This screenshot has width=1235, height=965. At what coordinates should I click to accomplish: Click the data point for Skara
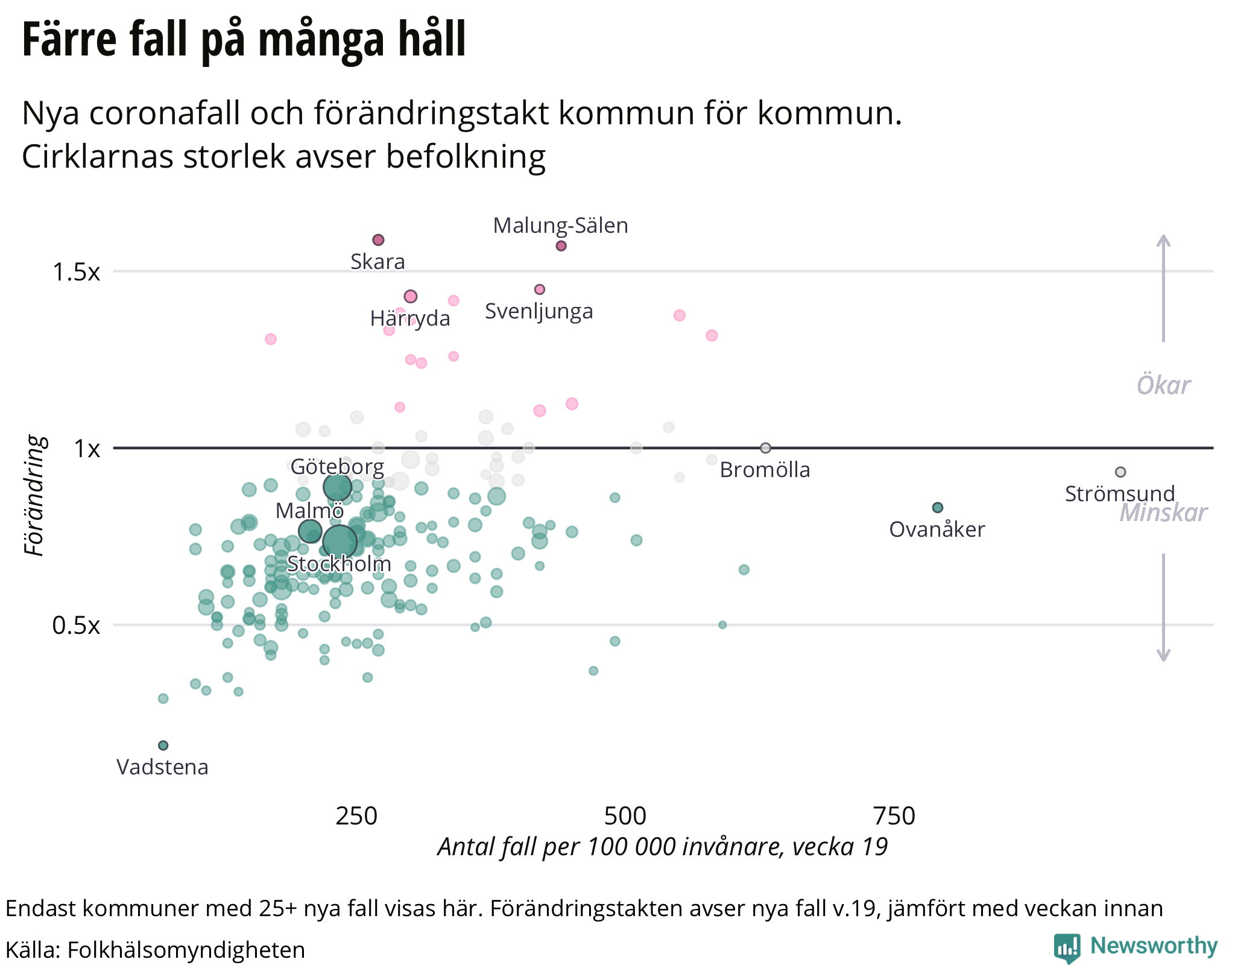pos(378,240)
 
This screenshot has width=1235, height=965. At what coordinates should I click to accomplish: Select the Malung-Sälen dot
pos(561,245)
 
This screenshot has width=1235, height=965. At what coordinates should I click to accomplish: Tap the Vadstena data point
pos(163,745)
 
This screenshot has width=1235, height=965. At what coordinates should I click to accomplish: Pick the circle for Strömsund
pos(1120,472)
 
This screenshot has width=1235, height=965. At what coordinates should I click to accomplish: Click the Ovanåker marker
pos(937,508)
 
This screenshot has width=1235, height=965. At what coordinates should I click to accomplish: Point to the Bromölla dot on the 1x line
pos(765,448)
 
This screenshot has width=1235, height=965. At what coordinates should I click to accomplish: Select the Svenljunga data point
pos(540,289)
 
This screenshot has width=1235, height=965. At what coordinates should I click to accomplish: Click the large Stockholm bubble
pos(340,541)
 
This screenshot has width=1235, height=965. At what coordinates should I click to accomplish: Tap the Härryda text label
pos(410,318)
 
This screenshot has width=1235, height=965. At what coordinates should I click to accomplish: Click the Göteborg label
pos(337,467)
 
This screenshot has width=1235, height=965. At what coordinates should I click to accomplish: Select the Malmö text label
pos(309,511)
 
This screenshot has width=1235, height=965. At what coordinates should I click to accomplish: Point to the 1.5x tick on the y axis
pos(76,272)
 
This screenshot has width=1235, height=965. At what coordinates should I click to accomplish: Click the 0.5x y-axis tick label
pos(76,625)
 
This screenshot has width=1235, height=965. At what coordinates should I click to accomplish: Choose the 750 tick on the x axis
pos(894,816)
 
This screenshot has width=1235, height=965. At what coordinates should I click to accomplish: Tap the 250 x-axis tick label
pos(356,816)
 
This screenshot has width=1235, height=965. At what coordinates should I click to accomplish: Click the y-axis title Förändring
pos(35,496)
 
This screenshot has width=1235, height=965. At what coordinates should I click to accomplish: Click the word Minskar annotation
pos(1163,513)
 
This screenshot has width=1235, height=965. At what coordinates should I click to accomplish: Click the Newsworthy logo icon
pos(1067,948)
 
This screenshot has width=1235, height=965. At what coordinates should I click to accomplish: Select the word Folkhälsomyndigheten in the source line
pos(186,950)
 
